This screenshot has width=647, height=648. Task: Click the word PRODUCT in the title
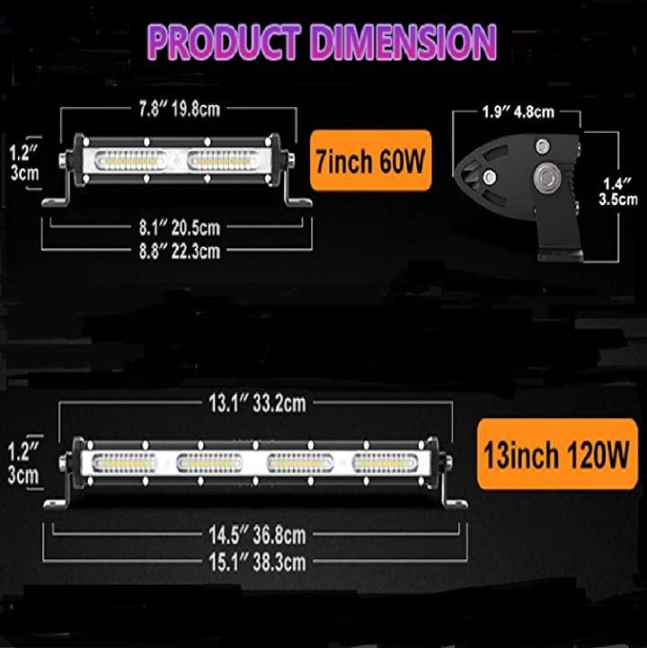click(x=224, y=42)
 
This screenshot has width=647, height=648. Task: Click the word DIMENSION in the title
click(x=403, y=42)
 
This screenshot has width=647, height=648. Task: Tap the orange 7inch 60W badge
click(x=370, y=160)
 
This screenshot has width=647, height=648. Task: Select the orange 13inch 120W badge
click(x=557, y=454)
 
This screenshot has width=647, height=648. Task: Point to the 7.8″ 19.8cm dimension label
click(x=180, y=109)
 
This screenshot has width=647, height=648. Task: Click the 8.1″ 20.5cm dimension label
click(x=180, y=227)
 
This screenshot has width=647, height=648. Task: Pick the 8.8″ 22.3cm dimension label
click(x=180, y=252)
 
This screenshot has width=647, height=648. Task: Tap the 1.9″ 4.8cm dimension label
click(x=518, y=111)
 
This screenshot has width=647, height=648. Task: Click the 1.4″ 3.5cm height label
click(x=618, y=191)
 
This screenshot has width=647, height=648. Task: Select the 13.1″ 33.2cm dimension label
click(x=257, y=403)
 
